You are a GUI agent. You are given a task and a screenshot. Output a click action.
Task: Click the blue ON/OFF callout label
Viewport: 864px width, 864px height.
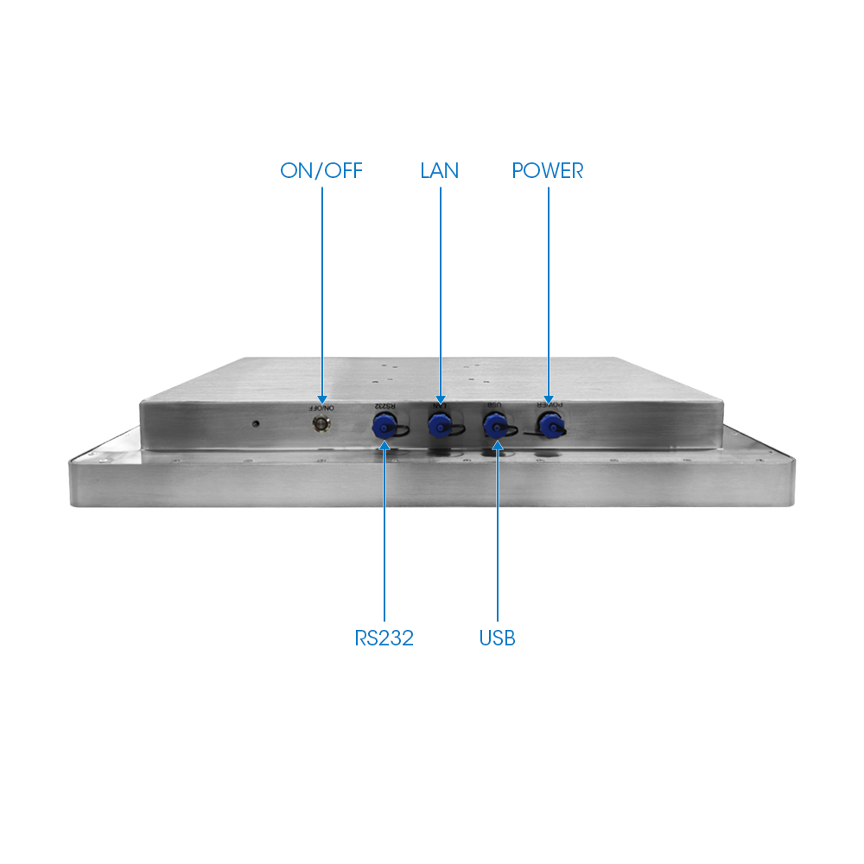pyautogui.click(x=321, y=171)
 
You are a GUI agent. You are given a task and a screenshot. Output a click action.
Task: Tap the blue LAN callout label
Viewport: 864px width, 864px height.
pyautogui.click(x=439, y=171)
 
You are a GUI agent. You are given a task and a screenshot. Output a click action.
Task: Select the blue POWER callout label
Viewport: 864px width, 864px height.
pyautogui.click(x=547, y=171)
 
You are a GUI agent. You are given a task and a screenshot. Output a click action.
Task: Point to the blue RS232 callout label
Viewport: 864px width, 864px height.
pyautogui.click(x=384, y=638)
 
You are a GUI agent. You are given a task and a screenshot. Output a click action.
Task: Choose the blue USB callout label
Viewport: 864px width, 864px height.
pyautogui.click(x=497, y=638)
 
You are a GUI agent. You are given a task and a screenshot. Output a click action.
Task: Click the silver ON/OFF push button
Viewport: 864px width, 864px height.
pyautogui.click(x=321, y=424)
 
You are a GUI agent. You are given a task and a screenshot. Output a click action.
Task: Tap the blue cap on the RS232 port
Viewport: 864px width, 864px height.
pyautogui.click(x=384, y=425)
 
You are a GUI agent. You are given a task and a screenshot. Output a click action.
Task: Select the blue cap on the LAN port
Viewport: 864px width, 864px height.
pyautogui.click(x=439, y=425)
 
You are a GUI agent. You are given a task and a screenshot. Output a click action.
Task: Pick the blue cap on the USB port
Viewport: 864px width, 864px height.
pyautogui.click(x=495, y=426)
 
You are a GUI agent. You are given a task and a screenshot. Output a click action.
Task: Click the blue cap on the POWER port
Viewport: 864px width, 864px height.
pyautogui.click(x=550, y=426)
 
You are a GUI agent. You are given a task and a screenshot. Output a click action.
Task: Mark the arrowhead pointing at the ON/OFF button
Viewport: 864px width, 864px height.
pyautogui.click(x=322, y=399)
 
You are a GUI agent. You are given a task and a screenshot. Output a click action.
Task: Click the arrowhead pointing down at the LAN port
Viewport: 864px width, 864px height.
pyautogui.click(x=441, y=399)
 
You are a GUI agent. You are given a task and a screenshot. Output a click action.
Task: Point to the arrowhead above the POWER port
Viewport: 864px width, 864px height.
pyautogui.click(x=549, y=399)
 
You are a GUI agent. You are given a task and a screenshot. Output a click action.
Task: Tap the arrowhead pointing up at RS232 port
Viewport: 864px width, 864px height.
pyautogui.click(x=384, y=445)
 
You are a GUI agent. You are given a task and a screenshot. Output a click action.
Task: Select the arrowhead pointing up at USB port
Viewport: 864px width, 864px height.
pyautogui.click(x=498, y=445)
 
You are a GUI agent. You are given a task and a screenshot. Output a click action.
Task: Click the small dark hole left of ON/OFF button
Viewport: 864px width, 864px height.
pyautogui.click(x=255, y=423)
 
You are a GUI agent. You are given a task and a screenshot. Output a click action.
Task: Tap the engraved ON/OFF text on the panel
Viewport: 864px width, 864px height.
pyautogui.click(x=321, y=409)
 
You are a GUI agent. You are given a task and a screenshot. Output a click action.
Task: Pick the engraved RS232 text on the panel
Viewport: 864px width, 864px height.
pyautogui.click(x=385, y=406)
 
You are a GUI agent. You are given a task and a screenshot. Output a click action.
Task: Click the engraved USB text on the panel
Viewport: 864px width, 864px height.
pyautogui.click(x=494, y=405)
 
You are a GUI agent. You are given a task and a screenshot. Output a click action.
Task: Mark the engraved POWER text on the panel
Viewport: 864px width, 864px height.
pyautogui.click(x=550, y=404)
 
